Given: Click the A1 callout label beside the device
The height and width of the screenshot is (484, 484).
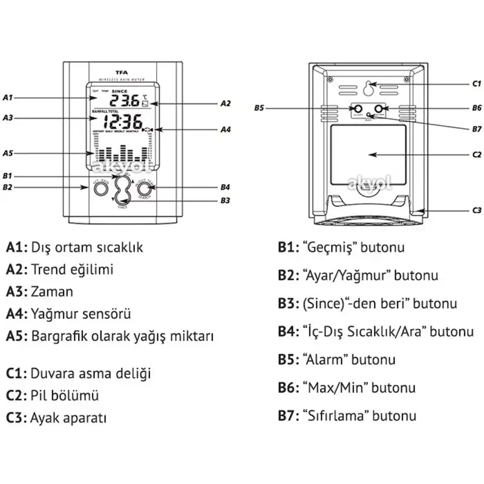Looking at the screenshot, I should click(8, 97).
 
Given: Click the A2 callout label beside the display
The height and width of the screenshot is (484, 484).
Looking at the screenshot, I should click(225, 103).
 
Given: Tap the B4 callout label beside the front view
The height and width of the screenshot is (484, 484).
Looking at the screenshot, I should click(225, 188).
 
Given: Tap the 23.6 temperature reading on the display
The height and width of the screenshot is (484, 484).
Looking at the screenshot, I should click(120, 101).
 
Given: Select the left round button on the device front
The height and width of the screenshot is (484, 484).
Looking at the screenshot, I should click(99, 189).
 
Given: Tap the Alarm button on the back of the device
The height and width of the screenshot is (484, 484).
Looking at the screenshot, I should click(356, 110).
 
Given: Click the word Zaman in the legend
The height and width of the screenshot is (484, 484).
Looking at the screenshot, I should click(51, 292).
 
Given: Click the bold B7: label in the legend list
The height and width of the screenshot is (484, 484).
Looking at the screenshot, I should click(289, 416).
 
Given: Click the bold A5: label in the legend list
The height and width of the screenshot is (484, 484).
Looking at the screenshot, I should click(16, 335).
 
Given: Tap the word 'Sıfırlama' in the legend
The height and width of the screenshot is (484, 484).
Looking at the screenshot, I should click(335, 416).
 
